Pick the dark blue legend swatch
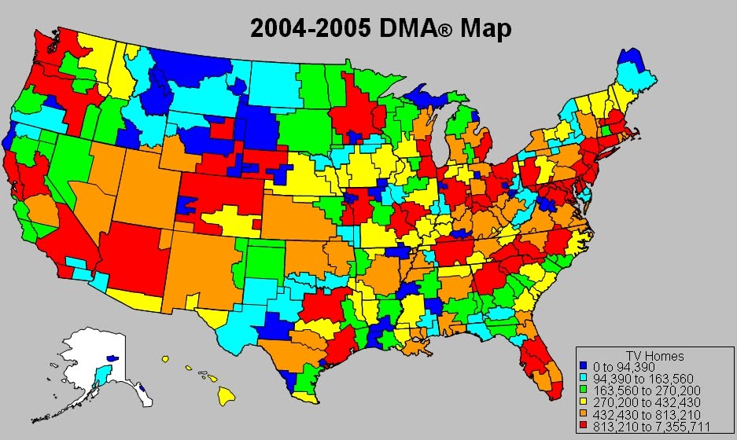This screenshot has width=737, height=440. coord(583,366)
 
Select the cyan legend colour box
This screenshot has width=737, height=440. coord(583,378)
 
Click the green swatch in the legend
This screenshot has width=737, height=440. coord(583,390)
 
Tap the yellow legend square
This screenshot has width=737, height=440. coord(583,401)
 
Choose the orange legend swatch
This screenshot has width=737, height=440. coord(583,413)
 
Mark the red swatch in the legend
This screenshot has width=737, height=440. coord(583,425)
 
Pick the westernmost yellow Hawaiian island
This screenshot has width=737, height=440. coord(166,359)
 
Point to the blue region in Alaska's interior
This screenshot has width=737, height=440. coord(112,357)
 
